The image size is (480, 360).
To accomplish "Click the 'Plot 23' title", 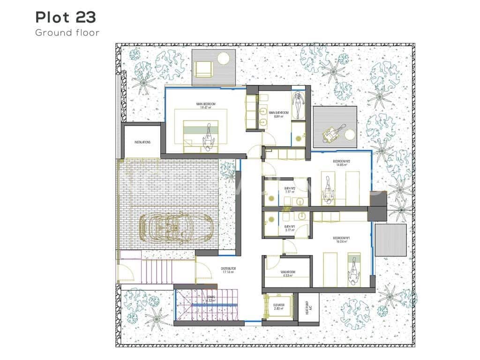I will click(66, 17).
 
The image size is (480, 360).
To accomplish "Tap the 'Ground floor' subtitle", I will click(67, 32).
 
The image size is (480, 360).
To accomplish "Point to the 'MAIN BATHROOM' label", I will click(277, 113).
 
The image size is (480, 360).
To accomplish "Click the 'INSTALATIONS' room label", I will click(142, 142).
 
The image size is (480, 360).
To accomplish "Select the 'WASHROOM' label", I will click(287, 273).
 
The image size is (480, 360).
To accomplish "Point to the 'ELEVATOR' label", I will click(279, 306).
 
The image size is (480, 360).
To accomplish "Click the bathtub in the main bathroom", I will click(298, 106).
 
